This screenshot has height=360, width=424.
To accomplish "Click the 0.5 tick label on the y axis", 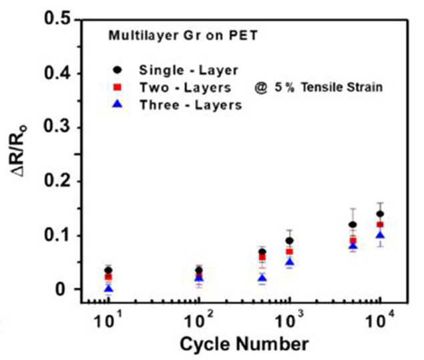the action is click(x=57, y=19).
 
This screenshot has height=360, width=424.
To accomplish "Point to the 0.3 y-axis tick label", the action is click(x=57, y=127).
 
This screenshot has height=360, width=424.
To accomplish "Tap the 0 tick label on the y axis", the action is click(x=61, y=289).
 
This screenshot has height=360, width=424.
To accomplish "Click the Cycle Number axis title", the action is click(x=244, y=345).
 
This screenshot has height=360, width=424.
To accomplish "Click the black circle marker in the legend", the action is click(x=118, y=70).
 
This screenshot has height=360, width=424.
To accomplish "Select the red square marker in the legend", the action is click(x=118, y=87).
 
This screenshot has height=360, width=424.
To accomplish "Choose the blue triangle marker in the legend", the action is click(x=118, y=104).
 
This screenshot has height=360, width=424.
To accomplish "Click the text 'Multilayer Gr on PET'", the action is click(x=183, y=35).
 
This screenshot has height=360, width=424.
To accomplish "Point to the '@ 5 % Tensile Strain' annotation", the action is click(x=319, y=87).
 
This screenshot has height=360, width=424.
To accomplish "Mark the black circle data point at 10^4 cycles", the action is click(x=380, y=214).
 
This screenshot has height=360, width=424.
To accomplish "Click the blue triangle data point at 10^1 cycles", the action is click(x=109, y=289).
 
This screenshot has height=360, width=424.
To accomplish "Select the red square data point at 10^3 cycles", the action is click(x=290, y=252).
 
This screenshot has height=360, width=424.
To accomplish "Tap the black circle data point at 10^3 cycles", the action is click(x=290, y=240).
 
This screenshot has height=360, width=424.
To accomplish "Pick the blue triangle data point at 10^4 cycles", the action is click(x=380, y=235).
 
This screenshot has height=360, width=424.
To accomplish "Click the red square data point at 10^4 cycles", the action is click(x=380, y=225).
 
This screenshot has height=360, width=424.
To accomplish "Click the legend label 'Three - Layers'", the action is click(x=191, y=105).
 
